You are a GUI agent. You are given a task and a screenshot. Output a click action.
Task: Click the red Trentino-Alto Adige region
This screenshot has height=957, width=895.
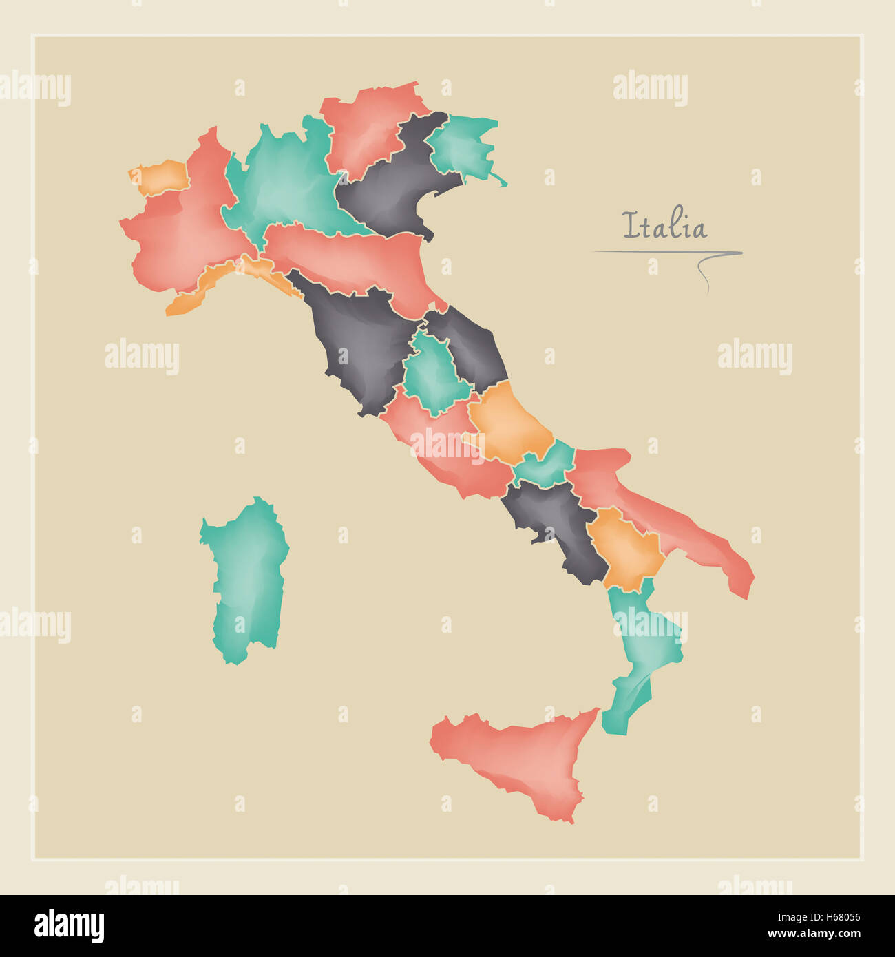[365, 131]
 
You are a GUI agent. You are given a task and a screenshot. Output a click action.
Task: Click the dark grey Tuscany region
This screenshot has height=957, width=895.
[358, 344]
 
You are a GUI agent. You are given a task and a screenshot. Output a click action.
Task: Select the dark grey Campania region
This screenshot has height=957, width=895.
[558, 523]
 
